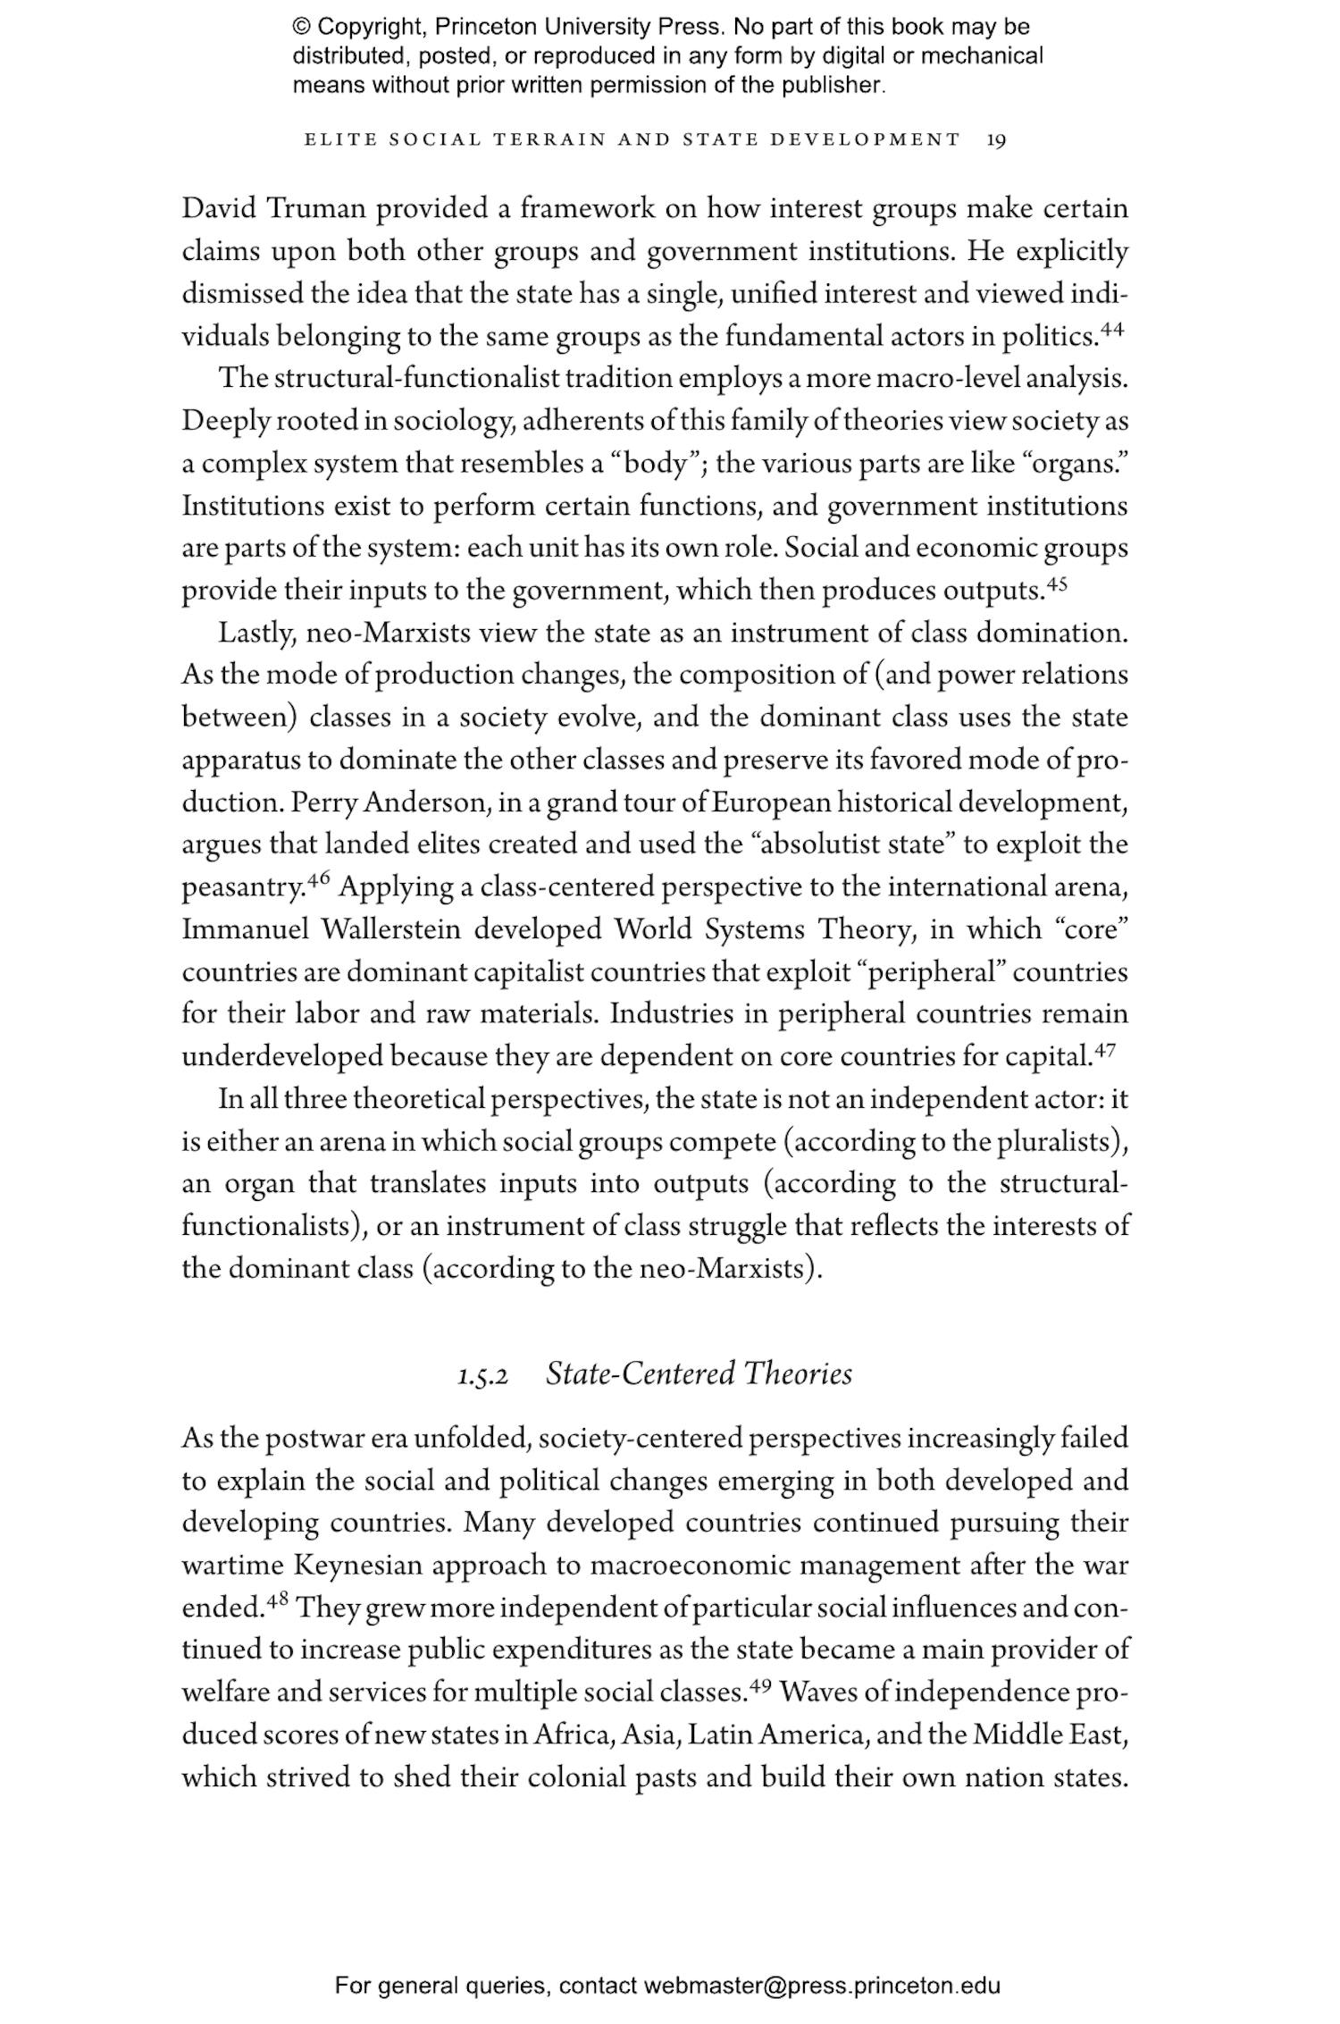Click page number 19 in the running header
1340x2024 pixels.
[997, 140]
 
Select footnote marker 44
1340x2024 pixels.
[1112, 329]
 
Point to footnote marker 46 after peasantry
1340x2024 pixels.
[319, 880]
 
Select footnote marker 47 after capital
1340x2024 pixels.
[1105, 1050]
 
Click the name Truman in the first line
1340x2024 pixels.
[317, 209]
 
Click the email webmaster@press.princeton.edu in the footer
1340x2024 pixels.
[821, 1986]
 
